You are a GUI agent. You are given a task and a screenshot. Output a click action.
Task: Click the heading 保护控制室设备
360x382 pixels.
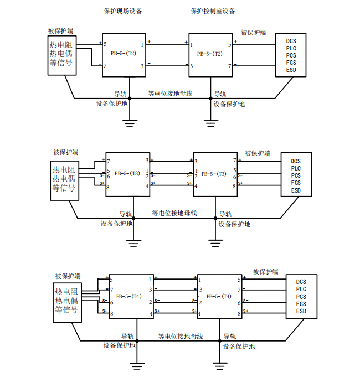click(213, 11)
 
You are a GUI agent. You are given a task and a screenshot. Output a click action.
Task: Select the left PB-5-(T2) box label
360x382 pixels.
click(123, 54)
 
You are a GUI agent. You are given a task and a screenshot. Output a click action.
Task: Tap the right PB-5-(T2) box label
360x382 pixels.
click(210, 54)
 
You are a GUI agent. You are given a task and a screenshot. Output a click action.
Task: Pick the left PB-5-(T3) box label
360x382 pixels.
click(127, 173)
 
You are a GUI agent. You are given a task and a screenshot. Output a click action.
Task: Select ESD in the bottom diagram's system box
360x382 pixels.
click(301, 311)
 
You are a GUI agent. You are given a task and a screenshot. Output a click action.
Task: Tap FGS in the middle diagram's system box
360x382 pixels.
click(296, 183)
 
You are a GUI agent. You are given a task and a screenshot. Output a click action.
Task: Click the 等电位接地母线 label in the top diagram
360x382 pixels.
click(170, 94)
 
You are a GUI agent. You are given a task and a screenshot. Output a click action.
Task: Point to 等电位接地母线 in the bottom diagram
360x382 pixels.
click(180, 336)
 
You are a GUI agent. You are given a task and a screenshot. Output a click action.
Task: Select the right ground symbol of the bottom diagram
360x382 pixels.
click(220, 364)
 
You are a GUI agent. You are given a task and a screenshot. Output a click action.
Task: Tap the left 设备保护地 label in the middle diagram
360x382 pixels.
click(116, 224)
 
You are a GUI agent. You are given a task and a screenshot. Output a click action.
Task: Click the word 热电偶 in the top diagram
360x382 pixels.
click(60, 54)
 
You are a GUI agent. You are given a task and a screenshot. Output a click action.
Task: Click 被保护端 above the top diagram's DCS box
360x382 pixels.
click(253, 33)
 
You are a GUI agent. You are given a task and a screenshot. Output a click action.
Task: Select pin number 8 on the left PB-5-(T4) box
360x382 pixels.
click(112, 314)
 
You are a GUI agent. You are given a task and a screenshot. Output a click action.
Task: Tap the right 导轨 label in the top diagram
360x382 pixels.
click(220, 94)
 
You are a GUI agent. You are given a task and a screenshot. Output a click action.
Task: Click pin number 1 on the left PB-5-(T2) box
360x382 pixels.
click(142, 44)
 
